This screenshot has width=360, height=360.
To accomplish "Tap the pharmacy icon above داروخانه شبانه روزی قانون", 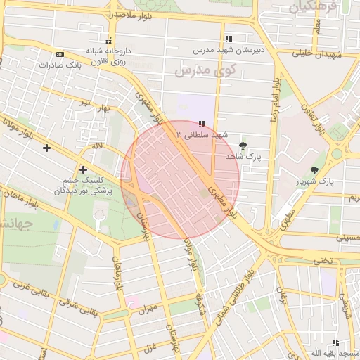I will [x=108, y=40].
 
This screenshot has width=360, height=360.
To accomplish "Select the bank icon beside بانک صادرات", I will [x=60, y=54].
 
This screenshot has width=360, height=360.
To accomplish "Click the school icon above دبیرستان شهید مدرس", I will [x=228, y=39].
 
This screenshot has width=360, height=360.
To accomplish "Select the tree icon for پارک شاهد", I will [x=243, y=146].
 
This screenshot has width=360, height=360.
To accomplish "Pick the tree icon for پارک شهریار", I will [x=314, y=170].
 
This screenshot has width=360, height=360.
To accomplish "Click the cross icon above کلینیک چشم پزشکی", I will [x=84, y=169].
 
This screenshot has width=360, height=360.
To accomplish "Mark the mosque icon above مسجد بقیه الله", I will [x=335, y=342].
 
